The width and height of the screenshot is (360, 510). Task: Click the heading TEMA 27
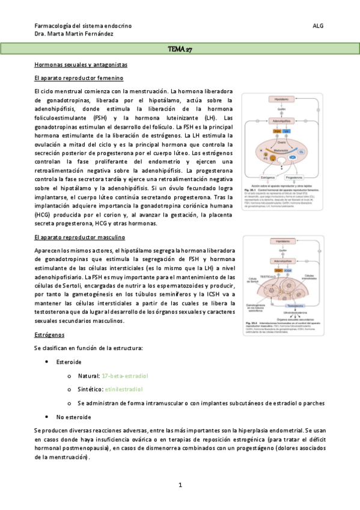[x=180, y=49]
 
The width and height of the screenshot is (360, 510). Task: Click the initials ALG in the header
[x=319, y=26]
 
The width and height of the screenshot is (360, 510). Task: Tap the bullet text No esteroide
[x=74, y=416]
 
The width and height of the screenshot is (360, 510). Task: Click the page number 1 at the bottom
[x=180, y=485]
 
